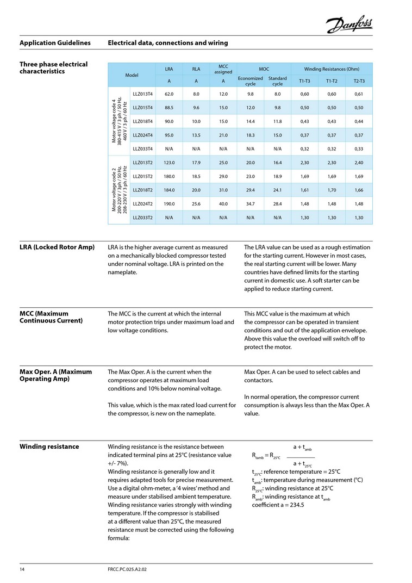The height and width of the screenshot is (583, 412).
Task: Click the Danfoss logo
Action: [x=349, y=24]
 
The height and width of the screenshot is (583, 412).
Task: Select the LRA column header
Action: [x=168, y=69]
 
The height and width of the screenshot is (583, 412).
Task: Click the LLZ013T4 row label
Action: [x=143, y=94]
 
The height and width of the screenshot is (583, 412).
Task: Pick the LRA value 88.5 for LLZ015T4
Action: [x=168, y=108]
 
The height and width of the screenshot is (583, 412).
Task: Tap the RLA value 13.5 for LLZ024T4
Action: [x=196, y=135]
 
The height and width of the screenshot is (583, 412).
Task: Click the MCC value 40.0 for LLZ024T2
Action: [x=223, y=204]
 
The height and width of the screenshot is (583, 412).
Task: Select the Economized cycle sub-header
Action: [x=251, y=81]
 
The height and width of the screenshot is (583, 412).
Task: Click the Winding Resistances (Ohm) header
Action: [x=332, y=69]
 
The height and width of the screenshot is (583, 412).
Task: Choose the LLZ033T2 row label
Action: [x=143, y=218]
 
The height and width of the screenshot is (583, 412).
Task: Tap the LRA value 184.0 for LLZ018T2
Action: [x=168, y=190]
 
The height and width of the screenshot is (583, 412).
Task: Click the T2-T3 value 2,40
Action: [x=359, y=163]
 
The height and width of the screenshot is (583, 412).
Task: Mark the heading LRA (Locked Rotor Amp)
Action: [x=57, y=247]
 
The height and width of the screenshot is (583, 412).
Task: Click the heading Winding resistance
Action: [x=49, y=446]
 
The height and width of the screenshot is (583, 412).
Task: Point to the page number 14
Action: [x=22, y=569]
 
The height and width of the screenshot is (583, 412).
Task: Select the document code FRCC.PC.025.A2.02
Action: [x=128, y=569]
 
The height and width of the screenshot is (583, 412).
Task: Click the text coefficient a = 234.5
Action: [x=278, y=505]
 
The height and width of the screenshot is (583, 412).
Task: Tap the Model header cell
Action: [x=132, y=75]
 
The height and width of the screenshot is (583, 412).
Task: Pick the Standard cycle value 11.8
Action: [x=277, y=121]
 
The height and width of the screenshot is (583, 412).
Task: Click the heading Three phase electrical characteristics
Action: [x=53, y=68]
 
